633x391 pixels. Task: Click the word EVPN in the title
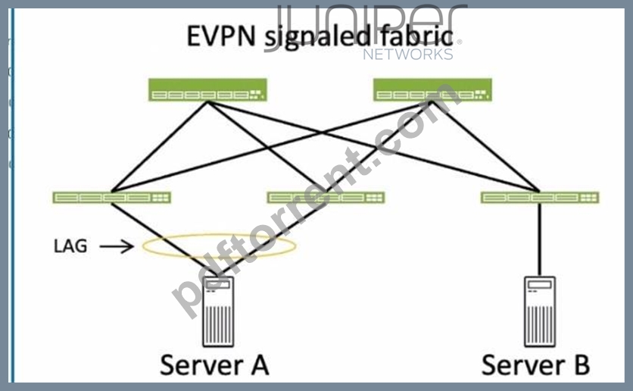coord(221,36)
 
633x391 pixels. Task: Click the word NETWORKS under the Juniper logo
coord(407,54)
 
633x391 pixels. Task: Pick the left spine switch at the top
coord(207,89)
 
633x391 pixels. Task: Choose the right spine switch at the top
coord(432,89)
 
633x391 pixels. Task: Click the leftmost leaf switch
coord(112,198)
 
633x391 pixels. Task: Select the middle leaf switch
coord(326,198)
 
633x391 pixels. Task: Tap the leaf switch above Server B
coord(540,198)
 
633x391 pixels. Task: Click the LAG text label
coord(70,246)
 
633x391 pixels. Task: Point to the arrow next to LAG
coord(117,246)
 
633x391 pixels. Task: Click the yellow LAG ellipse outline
coord(220,234)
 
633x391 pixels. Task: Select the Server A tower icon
coord(218,311)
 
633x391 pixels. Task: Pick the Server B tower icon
coord(540,311)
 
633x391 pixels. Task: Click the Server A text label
coord(214,364)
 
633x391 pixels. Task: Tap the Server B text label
coord(536,364)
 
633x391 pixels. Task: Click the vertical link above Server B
coord(540,239)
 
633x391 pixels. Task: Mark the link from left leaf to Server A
coord(164,240)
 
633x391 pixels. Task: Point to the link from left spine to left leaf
coord(160,146)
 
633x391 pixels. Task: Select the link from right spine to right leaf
coord(486,146)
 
